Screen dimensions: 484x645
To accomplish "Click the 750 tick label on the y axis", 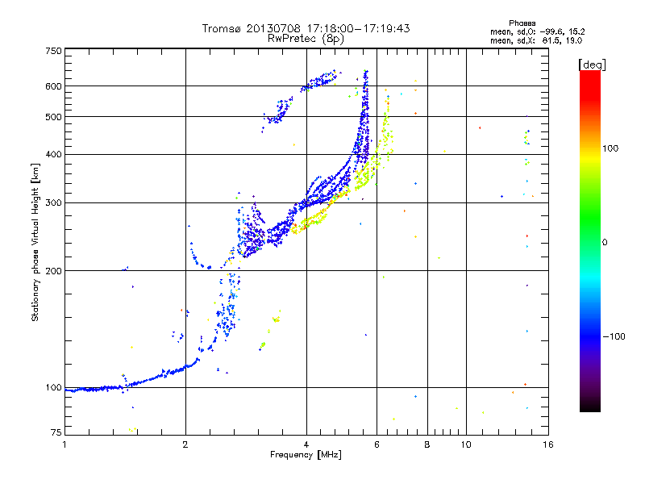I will click(53, 51).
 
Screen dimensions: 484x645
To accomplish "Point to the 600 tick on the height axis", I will click(53, 86).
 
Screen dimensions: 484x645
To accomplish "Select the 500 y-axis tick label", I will click(53, 117).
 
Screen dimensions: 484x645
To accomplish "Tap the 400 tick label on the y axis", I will click(53, 154).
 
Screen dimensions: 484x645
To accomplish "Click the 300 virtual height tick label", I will click(53, 202).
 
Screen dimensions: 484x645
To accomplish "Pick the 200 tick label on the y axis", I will click(53, 271).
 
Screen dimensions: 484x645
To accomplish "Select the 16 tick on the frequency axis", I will click(547, 444).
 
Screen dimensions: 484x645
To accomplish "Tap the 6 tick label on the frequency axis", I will click(377, 444).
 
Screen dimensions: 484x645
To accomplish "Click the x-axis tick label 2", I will click(185, 444).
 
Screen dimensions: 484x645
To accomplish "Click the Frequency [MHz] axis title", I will click(306, 455).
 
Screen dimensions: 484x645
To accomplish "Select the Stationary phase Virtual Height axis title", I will click(35, 242).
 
